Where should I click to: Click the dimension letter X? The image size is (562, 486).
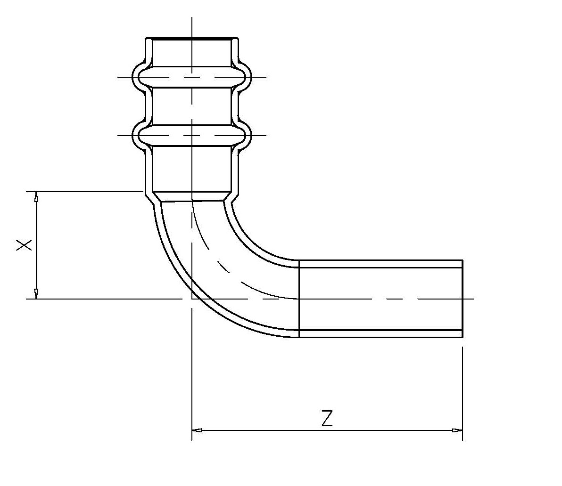click(25, 245)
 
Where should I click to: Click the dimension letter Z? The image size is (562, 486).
click(327, 418)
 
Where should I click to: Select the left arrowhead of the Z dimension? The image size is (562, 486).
click(197, 430)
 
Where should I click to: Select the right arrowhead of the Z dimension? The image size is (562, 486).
click(457, 430)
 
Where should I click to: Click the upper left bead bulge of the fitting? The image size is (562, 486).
click(137, 76)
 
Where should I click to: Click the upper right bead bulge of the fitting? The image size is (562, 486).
click(247, 76)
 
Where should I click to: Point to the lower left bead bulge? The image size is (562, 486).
click(137, 136)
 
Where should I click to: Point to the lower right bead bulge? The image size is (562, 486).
click(247, 136)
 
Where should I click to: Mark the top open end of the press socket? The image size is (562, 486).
click(192, 38)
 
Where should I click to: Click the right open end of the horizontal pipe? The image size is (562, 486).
click(463, 299)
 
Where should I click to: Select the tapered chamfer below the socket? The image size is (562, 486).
click(192, 196)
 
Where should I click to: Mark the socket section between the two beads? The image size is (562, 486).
click(192, 106)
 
